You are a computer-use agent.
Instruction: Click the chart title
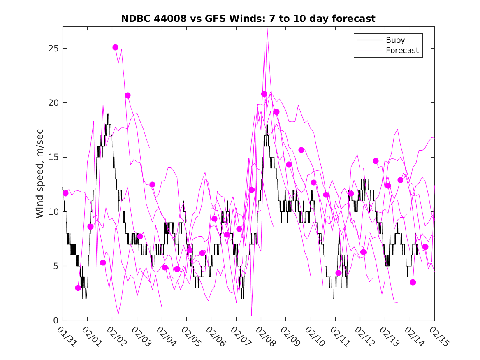click(248, 19)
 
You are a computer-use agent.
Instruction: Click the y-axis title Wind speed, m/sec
click(39, 173)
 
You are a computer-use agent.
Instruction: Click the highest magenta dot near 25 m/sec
click(115, 47)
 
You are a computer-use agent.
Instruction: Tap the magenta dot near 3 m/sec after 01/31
click(78, 288)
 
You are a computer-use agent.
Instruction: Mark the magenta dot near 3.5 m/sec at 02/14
click(413, 282)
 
